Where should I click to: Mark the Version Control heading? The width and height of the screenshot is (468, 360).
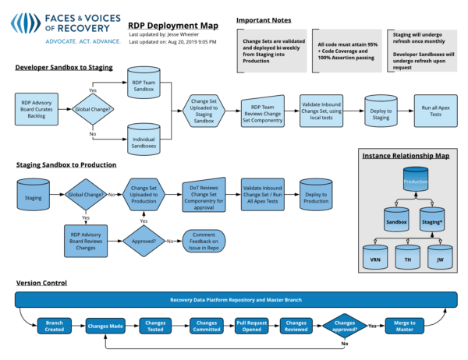point(41,282)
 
